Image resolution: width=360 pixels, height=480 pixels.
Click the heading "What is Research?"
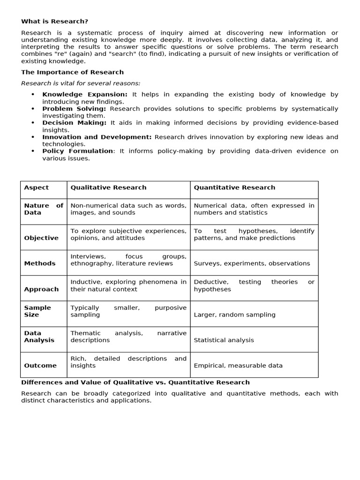54,22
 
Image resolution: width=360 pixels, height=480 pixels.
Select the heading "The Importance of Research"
72,72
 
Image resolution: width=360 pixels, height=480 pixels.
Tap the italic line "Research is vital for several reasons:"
81,83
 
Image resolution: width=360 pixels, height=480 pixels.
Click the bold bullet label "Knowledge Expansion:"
85,95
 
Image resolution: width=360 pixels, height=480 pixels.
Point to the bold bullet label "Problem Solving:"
74,109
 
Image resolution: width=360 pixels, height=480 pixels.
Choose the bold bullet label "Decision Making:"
75,123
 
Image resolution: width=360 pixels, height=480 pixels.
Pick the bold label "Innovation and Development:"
97,137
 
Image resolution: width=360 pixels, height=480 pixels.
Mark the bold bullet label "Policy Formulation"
78,151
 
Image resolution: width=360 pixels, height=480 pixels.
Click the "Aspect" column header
37,187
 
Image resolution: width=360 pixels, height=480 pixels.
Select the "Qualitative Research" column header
108,187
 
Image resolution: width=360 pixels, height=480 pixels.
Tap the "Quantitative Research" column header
234,187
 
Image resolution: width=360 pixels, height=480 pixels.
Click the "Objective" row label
41,238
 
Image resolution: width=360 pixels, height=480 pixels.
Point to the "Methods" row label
40,263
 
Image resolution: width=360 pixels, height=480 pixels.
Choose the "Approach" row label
41,289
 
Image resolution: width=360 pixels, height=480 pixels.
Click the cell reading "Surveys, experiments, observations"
252,263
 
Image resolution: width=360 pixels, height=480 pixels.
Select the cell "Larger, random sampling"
234,315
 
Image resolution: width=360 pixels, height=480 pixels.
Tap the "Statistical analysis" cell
224,340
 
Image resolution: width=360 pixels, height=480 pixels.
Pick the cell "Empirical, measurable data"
238,366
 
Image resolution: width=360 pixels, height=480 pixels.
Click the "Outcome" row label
40,366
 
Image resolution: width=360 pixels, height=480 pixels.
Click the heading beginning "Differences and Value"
135,382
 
